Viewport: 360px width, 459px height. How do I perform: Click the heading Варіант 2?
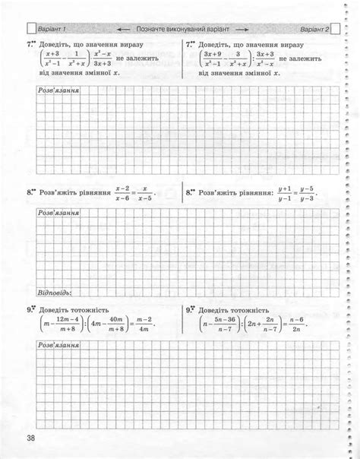[x=314, y=29]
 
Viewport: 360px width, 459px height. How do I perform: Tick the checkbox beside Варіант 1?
[x=31, y=29]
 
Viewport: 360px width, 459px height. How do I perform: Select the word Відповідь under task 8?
[x=55, y=291]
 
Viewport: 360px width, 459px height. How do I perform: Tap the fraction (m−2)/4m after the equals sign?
[x=146, y=324]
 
